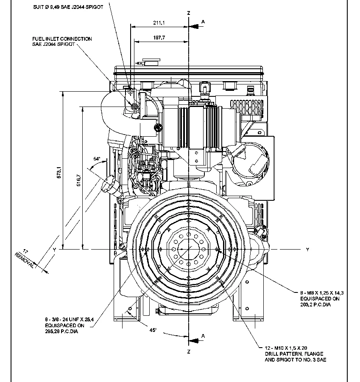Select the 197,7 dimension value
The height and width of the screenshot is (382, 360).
point(160,38)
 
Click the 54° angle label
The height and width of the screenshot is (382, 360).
point(97,159)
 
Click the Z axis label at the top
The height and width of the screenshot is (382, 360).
point(188,13)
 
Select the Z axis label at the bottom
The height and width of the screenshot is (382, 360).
point(188,352)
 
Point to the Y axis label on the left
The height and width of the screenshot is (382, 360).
point(54,250)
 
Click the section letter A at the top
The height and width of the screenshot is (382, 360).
point(203,21)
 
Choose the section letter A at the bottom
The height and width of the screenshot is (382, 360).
point(203,336)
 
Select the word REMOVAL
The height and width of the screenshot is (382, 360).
point(24,259)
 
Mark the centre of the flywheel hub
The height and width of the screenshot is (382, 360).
point(187,249)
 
